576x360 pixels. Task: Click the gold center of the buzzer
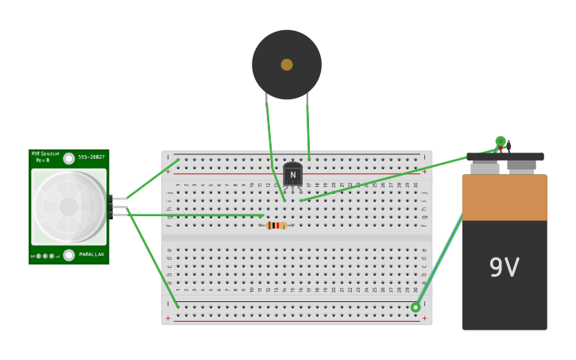287,64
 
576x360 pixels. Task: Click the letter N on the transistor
292,175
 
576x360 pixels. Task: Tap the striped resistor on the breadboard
276,226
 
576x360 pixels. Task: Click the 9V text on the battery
504,268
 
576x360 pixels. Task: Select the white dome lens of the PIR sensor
68,207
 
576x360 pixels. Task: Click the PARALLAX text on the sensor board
91,254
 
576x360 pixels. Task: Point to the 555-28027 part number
91,157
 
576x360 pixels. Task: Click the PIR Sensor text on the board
44,154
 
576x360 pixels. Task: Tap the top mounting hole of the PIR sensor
69,158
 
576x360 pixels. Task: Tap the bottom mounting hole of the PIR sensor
69,255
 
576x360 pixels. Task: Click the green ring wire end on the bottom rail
416,308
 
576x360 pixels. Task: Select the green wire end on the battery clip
501,141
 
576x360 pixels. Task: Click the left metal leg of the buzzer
266,99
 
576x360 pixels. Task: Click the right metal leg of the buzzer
307,99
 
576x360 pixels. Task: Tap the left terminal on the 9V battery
485,168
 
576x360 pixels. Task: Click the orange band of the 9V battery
504,198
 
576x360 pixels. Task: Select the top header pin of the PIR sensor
118,199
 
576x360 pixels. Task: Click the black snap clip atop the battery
504,157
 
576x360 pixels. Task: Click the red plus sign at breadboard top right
424,171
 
